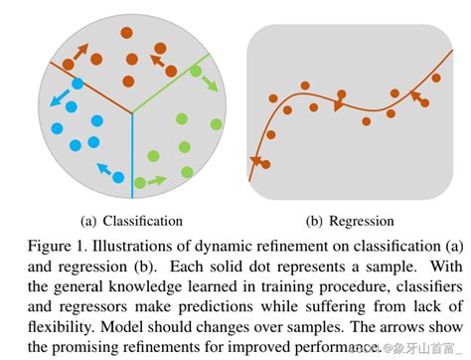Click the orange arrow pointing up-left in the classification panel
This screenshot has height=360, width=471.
coord(158,61)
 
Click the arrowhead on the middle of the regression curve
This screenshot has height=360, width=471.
coord(338,105)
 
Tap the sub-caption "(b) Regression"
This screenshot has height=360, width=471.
coord(348,221)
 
